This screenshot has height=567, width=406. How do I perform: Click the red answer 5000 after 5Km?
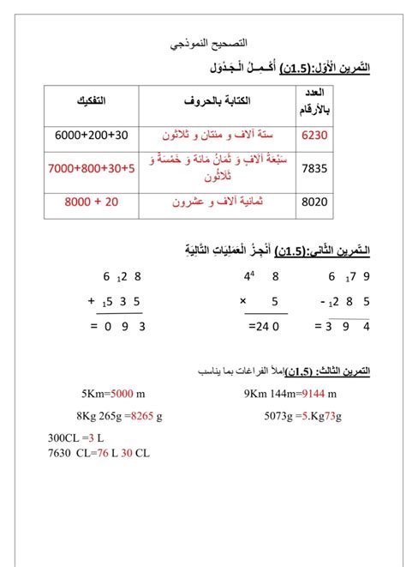[122, 394]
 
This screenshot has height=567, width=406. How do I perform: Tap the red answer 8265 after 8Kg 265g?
[140, 416]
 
